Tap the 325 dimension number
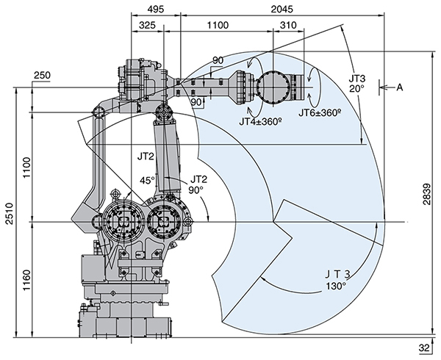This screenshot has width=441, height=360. pos(146,24)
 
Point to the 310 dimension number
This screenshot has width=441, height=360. pos(288,24)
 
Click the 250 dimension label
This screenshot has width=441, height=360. pos(42,76)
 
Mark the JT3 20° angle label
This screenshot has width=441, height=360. pos(357,82)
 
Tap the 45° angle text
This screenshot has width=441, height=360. pos(147,181)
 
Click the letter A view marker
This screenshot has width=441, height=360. pos(401,88)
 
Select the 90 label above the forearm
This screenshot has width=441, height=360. pos(218,60)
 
